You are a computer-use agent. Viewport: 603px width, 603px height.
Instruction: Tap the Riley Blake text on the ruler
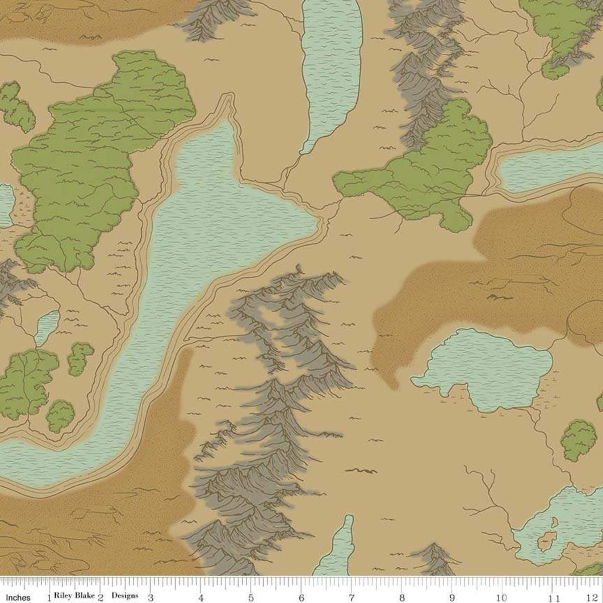[x=75, y=596]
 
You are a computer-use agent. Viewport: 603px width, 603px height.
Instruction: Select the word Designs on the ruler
[x=125, y=596]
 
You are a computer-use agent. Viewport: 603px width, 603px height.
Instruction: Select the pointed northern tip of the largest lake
[x=230, y=100]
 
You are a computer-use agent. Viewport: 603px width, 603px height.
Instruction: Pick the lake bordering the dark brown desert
[x=482, y=367]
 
